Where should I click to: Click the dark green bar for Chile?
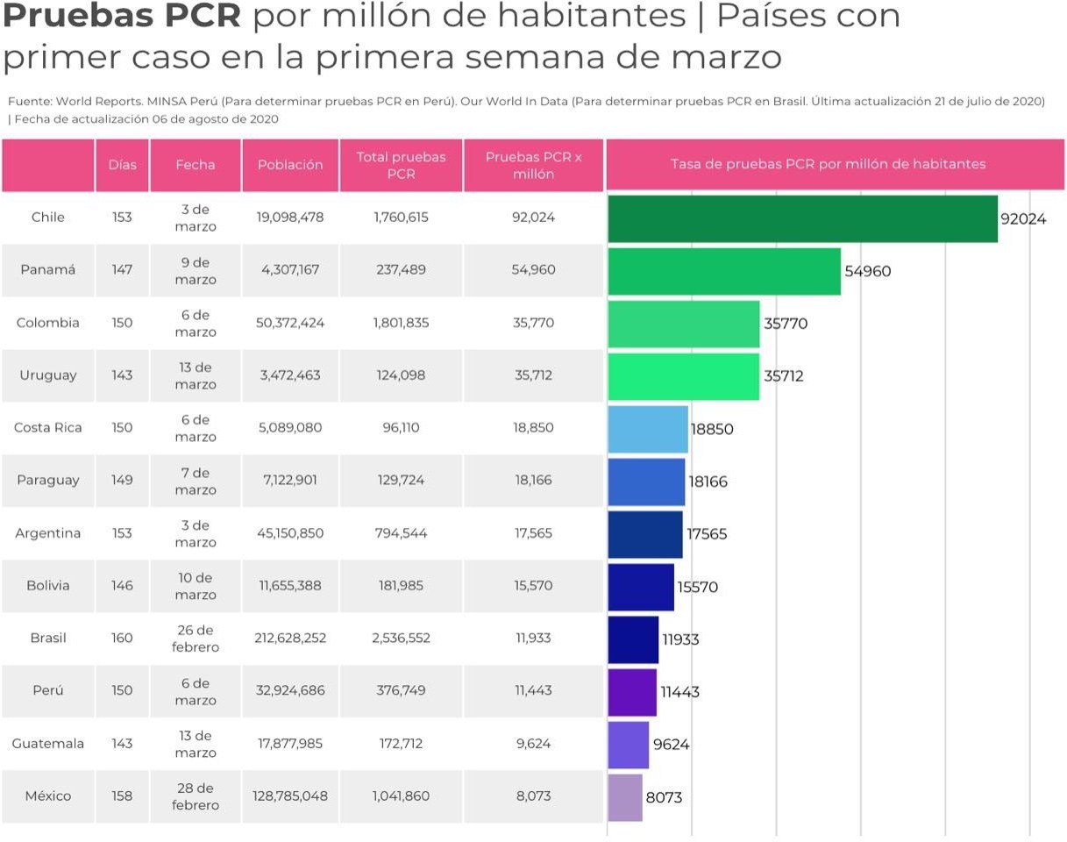click(x=802, y=218)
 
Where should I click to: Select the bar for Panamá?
click(x=723, y=271)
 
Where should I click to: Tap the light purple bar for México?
click(x=624, y=797)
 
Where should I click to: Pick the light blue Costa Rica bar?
click(x=647, y=429)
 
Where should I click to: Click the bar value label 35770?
click(x=786, y=324)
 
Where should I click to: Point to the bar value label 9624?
click(x=671, y=745)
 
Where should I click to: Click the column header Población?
click(x=290, y=165)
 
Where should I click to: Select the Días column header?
click(x=122, y=165)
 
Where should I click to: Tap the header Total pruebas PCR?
click(x=401, y=165)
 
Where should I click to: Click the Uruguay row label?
click(x=48, y=375)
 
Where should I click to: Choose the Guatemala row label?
click(x=48, y=744)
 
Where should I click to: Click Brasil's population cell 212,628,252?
click(x=290, y=639)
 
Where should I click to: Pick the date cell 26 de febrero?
click(x=196, y=639)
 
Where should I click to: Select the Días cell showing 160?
click(x=122, y=639)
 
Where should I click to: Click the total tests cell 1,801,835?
click(x=401, y=323)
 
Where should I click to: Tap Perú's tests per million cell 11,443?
click(x=533, y=691)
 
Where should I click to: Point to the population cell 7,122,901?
click(x=290, y=481)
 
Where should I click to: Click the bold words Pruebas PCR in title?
click(x=124, y=17)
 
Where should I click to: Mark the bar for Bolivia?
click(x=640, y=587)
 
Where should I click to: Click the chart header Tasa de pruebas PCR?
click(x=828, y=164)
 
